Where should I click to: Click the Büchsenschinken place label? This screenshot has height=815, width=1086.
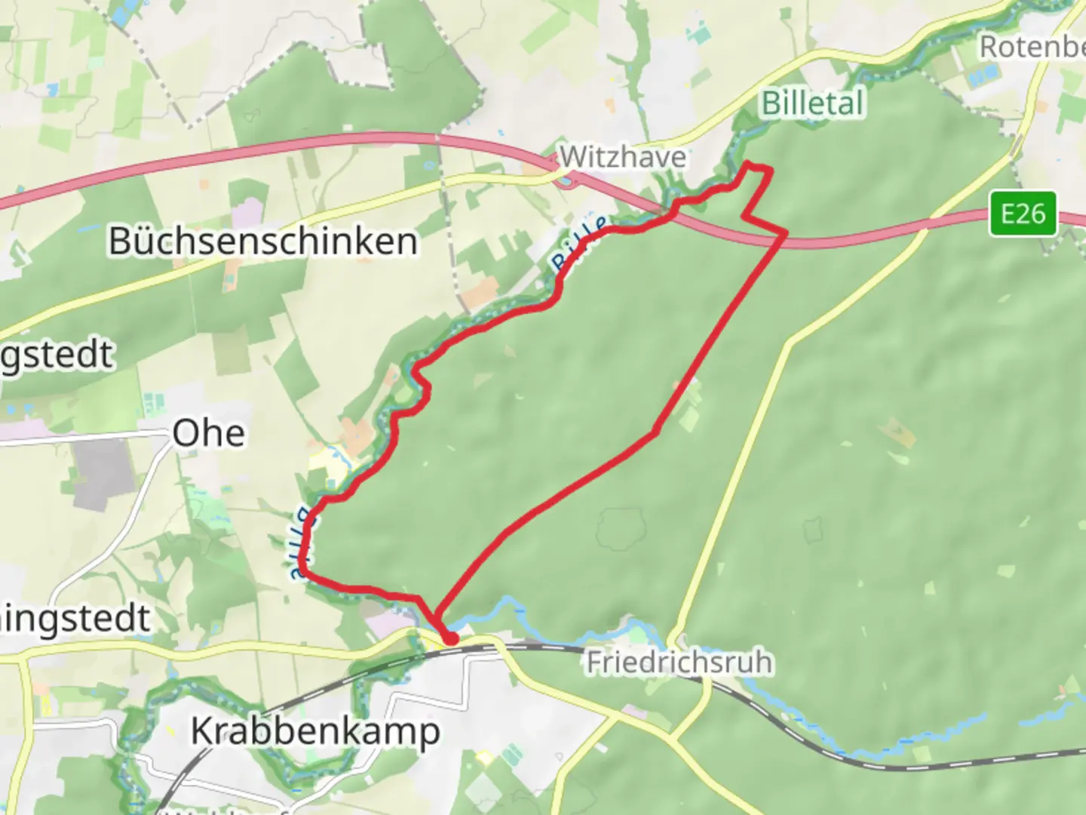[262, 241]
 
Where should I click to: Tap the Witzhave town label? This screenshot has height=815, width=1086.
[623, 157]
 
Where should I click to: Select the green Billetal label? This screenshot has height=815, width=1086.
[812, 103]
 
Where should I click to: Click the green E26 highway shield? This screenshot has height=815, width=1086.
[1023, 214]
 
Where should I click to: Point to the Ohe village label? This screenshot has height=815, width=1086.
[208, 434]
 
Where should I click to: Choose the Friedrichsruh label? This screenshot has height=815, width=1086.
[680, 663]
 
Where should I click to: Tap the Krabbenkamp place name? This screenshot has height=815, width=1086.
[315, 731]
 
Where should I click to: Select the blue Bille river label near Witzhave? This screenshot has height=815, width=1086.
[578, 244]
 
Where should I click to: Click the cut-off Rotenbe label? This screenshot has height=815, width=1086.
[1032, 47]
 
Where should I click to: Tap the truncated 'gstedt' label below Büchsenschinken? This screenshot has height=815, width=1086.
[57, 355]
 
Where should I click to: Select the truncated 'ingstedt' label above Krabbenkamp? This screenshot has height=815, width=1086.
[75, 618]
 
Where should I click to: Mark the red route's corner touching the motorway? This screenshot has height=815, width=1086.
[785, 233]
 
